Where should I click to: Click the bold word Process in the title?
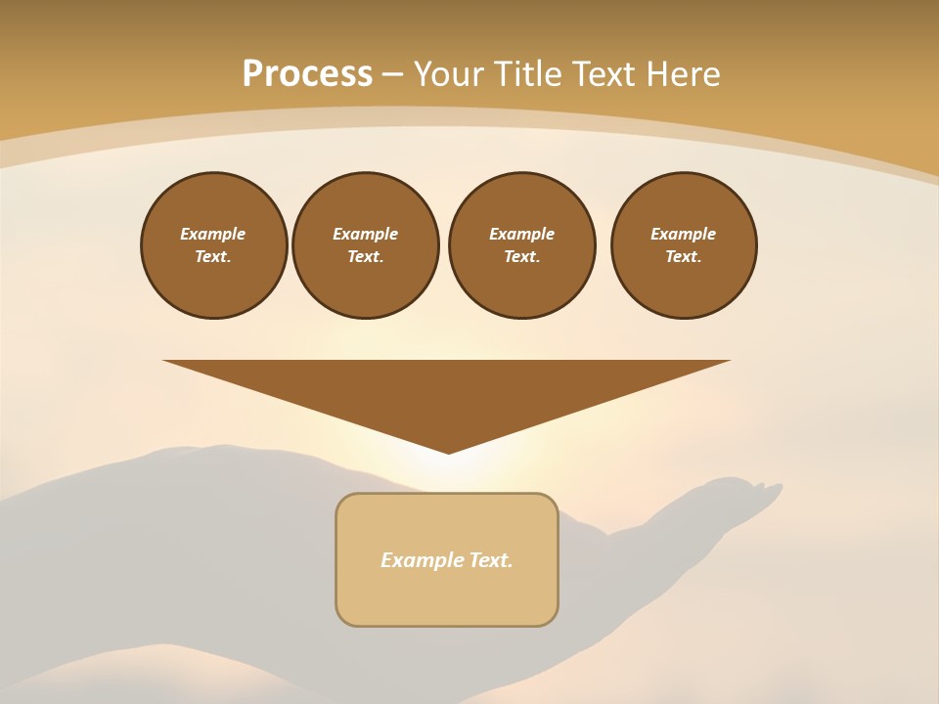(307, 73)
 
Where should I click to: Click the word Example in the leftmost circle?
(213, 234)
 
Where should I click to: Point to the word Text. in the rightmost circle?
(684, 256)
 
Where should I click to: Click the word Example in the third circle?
(522, 234)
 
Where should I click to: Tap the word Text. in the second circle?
(366, 256)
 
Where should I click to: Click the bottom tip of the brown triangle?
(449, 452)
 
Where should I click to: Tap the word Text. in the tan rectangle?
(491, 560)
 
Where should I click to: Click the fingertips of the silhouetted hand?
(769, 487)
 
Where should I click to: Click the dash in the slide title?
(393, 74)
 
